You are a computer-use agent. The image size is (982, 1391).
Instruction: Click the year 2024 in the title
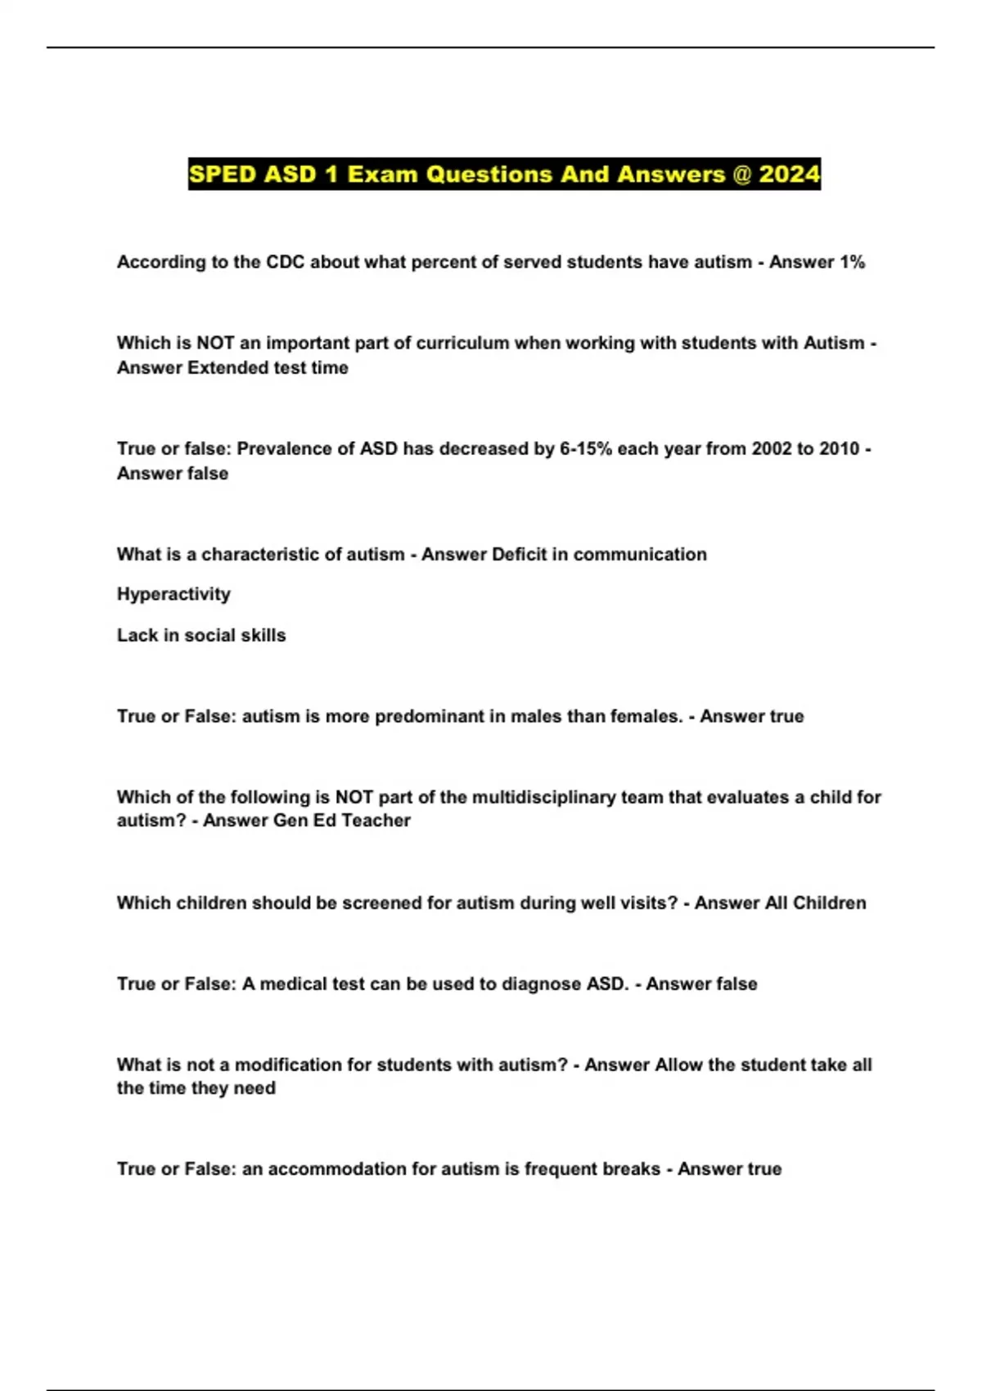pos(789,174)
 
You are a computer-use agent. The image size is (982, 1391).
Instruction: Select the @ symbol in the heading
pos(742,174)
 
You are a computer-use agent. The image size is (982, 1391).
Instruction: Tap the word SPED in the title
pos(223,174)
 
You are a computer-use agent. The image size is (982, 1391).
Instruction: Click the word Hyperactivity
pos(173,594)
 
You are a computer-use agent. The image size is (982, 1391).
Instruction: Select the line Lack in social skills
pos(201,635)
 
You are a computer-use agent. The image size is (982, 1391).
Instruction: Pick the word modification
pos(289,1065)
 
